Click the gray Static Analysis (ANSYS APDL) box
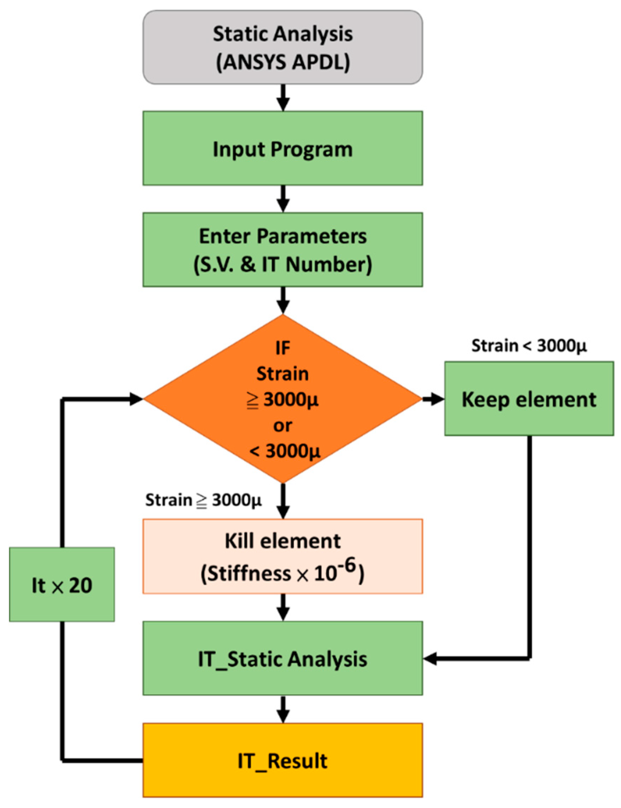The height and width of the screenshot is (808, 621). [x=283, y=47]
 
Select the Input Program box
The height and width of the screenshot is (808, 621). [x=283, y=148]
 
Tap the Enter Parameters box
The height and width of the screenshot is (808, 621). [x=283, y=250]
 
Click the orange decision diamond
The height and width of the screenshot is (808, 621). [x=283, y=399]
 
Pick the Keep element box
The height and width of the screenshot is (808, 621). [x=529, y=399]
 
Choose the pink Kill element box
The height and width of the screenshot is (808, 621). [x=283, y=556]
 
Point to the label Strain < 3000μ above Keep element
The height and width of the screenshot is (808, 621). [x=529, y=346]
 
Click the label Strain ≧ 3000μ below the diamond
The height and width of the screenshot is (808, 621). [x=203, y=500]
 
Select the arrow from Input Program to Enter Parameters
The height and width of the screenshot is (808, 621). [x=283, y=199]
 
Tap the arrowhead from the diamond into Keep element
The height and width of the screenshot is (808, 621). [x=438, y=399]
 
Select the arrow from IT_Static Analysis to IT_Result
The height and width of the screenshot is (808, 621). [x=283, y=709]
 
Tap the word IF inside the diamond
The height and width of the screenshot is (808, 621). [x=283, y=348]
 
